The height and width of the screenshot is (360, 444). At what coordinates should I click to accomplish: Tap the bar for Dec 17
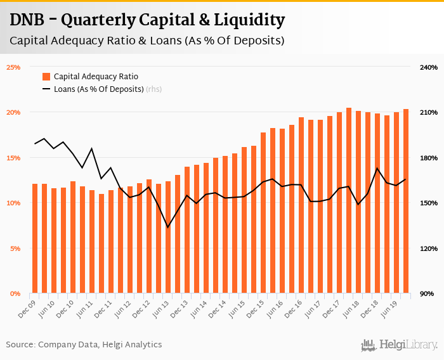pos(339,203)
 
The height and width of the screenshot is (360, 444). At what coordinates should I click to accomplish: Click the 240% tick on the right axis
pos(429,67)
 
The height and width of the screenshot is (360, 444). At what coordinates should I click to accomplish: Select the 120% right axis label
pos(429,248)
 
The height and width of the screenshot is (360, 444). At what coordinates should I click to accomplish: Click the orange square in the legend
pos(46,76)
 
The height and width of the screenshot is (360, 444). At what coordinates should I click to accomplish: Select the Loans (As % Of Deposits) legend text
pos(98,89)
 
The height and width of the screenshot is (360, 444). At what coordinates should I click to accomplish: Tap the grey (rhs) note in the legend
pos(154,89)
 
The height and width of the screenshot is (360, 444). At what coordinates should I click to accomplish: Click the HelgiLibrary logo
pos(400,345)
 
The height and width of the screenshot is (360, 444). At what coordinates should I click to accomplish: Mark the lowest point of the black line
pos(168,227)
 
